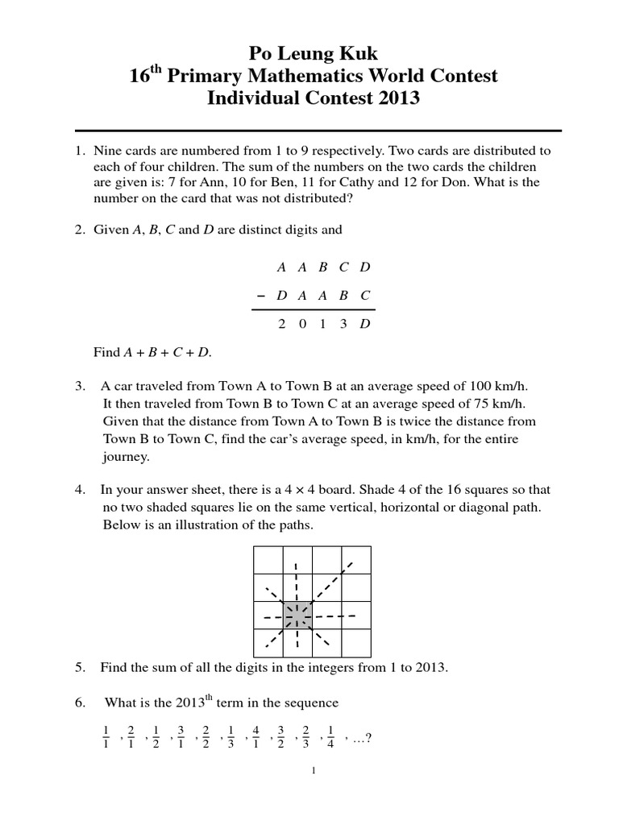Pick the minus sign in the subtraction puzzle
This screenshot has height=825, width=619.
[260, 295]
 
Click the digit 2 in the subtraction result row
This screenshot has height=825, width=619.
[280, 324]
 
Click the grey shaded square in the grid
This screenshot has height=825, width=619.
[297, 616]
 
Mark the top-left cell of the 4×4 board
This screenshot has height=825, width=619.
[268, 559]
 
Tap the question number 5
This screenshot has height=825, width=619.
[80, 667]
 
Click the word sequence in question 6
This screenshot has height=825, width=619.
[314, 703]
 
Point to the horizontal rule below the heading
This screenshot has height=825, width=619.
[318, 129]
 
